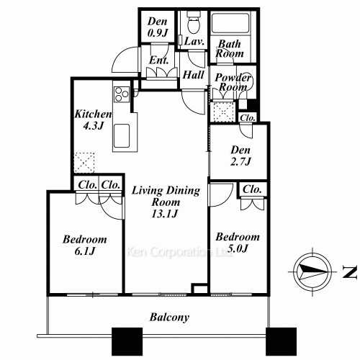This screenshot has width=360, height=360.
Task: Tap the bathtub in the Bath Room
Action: coord(230,24)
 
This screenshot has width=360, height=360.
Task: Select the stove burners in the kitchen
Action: coord(122,94)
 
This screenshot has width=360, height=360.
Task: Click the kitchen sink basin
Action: coord(122,135)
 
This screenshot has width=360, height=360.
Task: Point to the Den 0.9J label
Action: coord(158,27)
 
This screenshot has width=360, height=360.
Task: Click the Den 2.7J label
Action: coord(240,156)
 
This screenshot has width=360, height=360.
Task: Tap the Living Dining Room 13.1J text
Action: coord(166,202)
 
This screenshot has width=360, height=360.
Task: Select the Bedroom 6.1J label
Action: coord(85,245)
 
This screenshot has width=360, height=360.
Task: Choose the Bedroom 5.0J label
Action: coord(238,243)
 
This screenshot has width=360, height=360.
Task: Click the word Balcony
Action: coord(169,318)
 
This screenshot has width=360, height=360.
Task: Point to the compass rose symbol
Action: coord(312,271)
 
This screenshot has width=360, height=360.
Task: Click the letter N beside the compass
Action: coord(349,272)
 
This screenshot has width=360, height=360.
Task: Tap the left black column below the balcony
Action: coord(127,343)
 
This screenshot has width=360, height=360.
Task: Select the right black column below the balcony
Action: coord(281,343)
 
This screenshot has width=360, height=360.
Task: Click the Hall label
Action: coord(193,75)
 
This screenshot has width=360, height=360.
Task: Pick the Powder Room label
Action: coord(233,82)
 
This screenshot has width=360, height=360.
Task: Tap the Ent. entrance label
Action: coord(158,60)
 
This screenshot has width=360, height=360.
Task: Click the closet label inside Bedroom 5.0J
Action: coord(252,189)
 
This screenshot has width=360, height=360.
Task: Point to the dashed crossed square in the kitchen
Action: coord(84,163)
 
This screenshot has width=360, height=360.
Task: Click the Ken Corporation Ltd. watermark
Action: coord(179,253)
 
